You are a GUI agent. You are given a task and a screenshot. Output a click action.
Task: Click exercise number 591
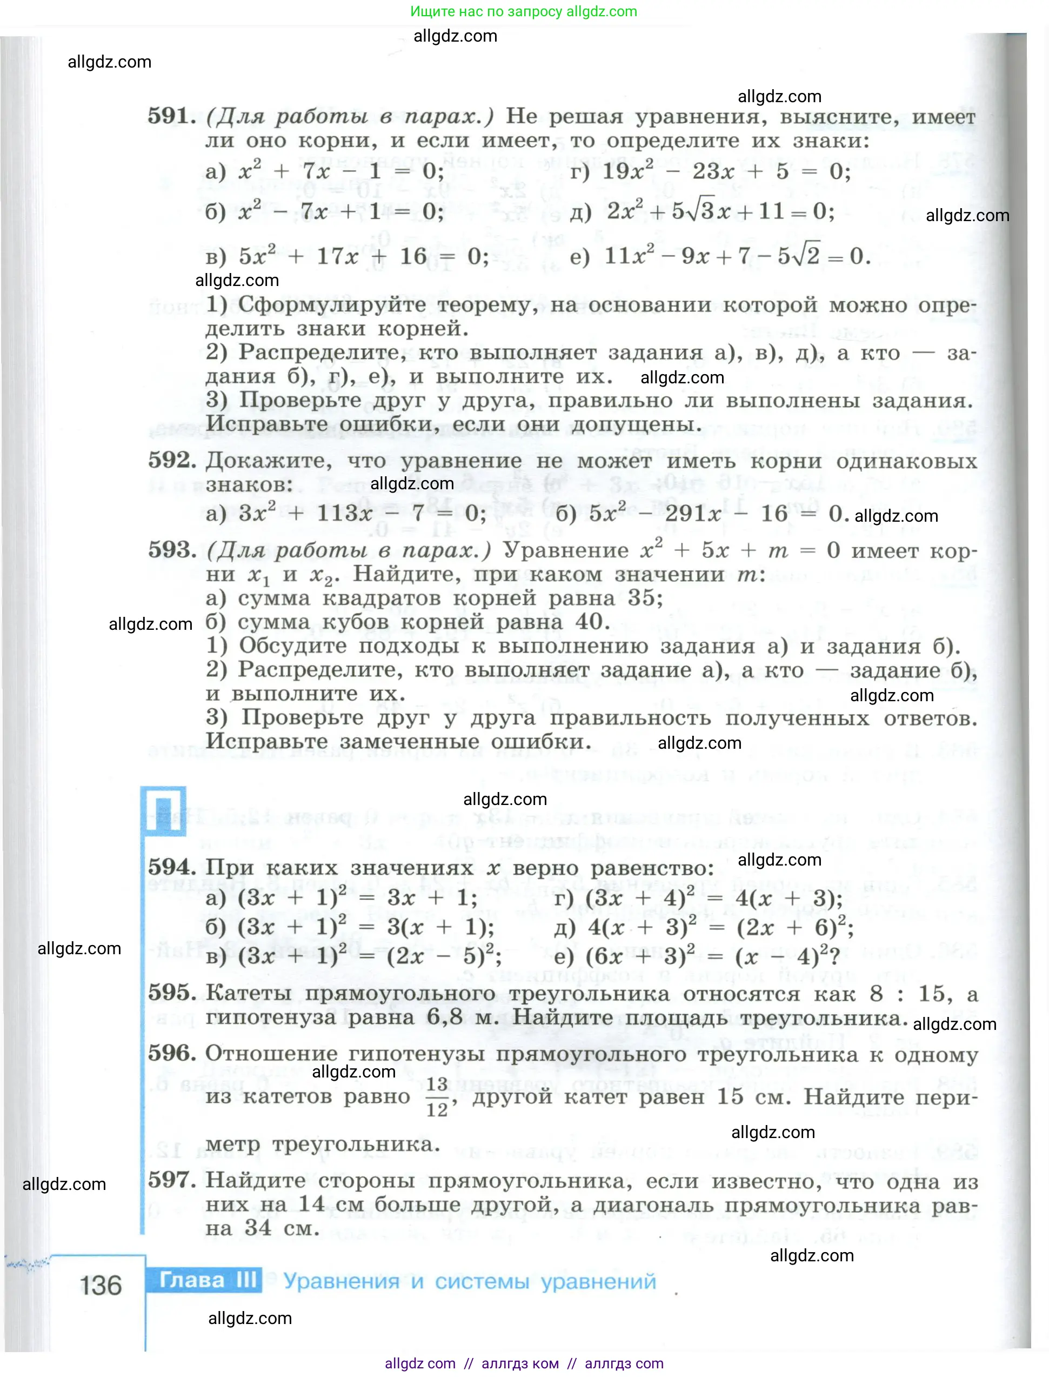click(x=171, y=116)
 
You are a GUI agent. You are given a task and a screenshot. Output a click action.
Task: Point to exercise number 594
click(x=171, y=867)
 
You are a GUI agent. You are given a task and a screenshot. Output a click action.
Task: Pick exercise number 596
click(x=171, y=1053)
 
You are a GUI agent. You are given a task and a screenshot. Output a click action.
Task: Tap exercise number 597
click(x=171, y=1180)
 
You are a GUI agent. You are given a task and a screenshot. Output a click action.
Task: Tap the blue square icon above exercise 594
click(x=164, y=810)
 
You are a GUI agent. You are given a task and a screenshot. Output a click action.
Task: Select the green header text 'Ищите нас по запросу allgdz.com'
click(x=523, y=11)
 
